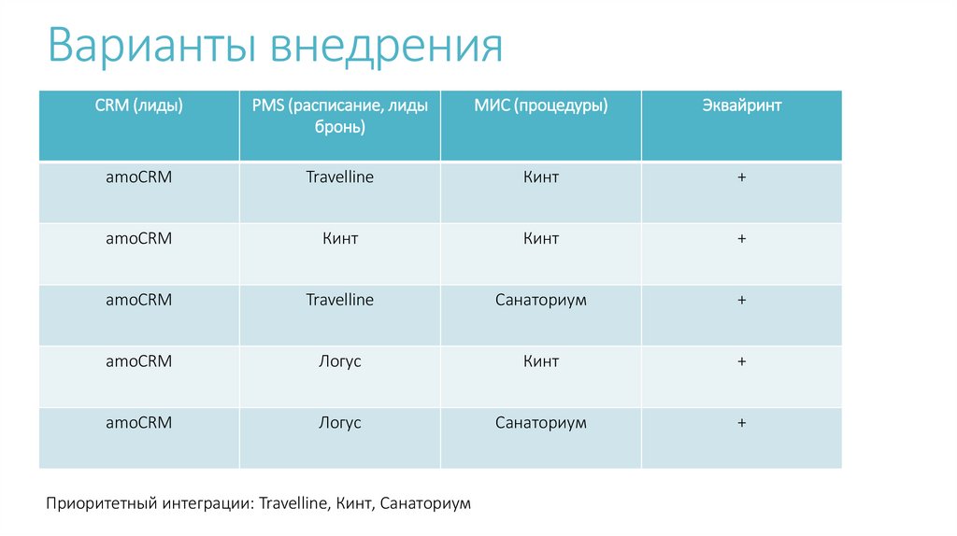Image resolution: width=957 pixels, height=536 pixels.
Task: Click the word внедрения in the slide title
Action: click(x=388, y=48)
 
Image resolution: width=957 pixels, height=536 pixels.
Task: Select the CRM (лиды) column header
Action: click(x=138, y=106)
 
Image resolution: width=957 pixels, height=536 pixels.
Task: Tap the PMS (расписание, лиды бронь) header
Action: click(x=339, y=116)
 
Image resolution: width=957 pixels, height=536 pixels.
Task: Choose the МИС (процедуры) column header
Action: click(x=540, y=106)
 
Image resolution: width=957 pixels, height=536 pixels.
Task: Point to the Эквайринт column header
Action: click(x=741, y=106)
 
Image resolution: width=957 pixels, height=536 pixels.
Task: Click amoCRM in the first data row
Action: click(x=138, y=176)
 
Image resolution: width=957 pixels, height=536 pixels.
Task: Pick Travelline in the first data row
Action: click(x=339, y=176)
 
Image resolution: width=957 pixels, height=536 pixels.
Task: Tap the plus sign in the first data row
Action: click(x=741, y=176)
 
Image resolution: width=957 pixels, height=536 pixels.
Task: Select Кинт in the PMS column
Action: click(x=339, y=238)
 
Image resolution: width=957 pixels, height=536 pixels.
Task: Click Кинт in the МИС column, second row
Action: click(x=541, y=238)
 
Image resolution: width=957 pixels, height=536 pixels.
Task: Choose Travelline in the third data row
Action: click(x=339, y=300)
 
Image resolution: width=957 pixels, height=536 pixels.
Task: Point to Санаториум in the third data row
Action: click(x=541, y=300)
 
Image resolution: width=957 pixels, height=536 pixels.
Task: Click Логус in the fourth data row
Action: click(x=339, y=361)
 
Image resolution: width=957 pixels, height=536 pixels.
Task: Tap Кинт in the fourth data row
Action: click(x=541, y=361)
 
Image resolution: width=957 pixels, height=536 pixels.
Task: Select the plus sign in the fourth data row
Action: click(x=741, y=361)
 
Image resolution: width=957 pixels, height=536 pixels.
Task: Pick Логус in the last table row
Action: click(x=339, y=423)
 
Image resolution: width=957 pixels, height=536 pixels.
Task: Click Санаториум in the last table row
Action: click(x=541, y=423)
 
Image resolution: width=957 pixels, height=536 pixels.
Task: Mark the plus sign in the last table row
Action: click(x=741, y=423)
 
